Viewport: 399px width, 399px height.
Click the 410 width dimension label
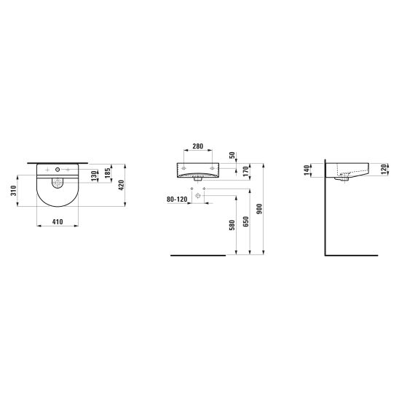(x=58, y=222)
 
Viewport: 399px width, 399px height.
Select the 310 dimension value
(x=13, y=191)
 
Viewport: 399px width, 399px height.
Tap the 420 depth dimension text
(x=121, y=185)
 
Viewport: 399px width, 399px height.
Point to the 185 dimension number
(x=108, y=173)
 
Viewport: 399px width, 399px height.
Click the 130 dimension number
(x=94, y=175)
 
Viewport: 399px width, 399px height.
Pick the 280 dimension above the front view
(x=198, y=146)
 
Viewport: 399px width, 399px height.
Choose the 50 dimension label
(x=232, y=155)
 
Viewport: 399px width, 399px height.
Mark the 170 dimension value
(x=245, y=171)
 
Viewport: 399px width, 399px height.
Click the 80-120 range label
(x=177, y=199)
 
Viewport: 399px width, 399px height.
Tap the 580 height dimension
(x=232, y=225)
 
